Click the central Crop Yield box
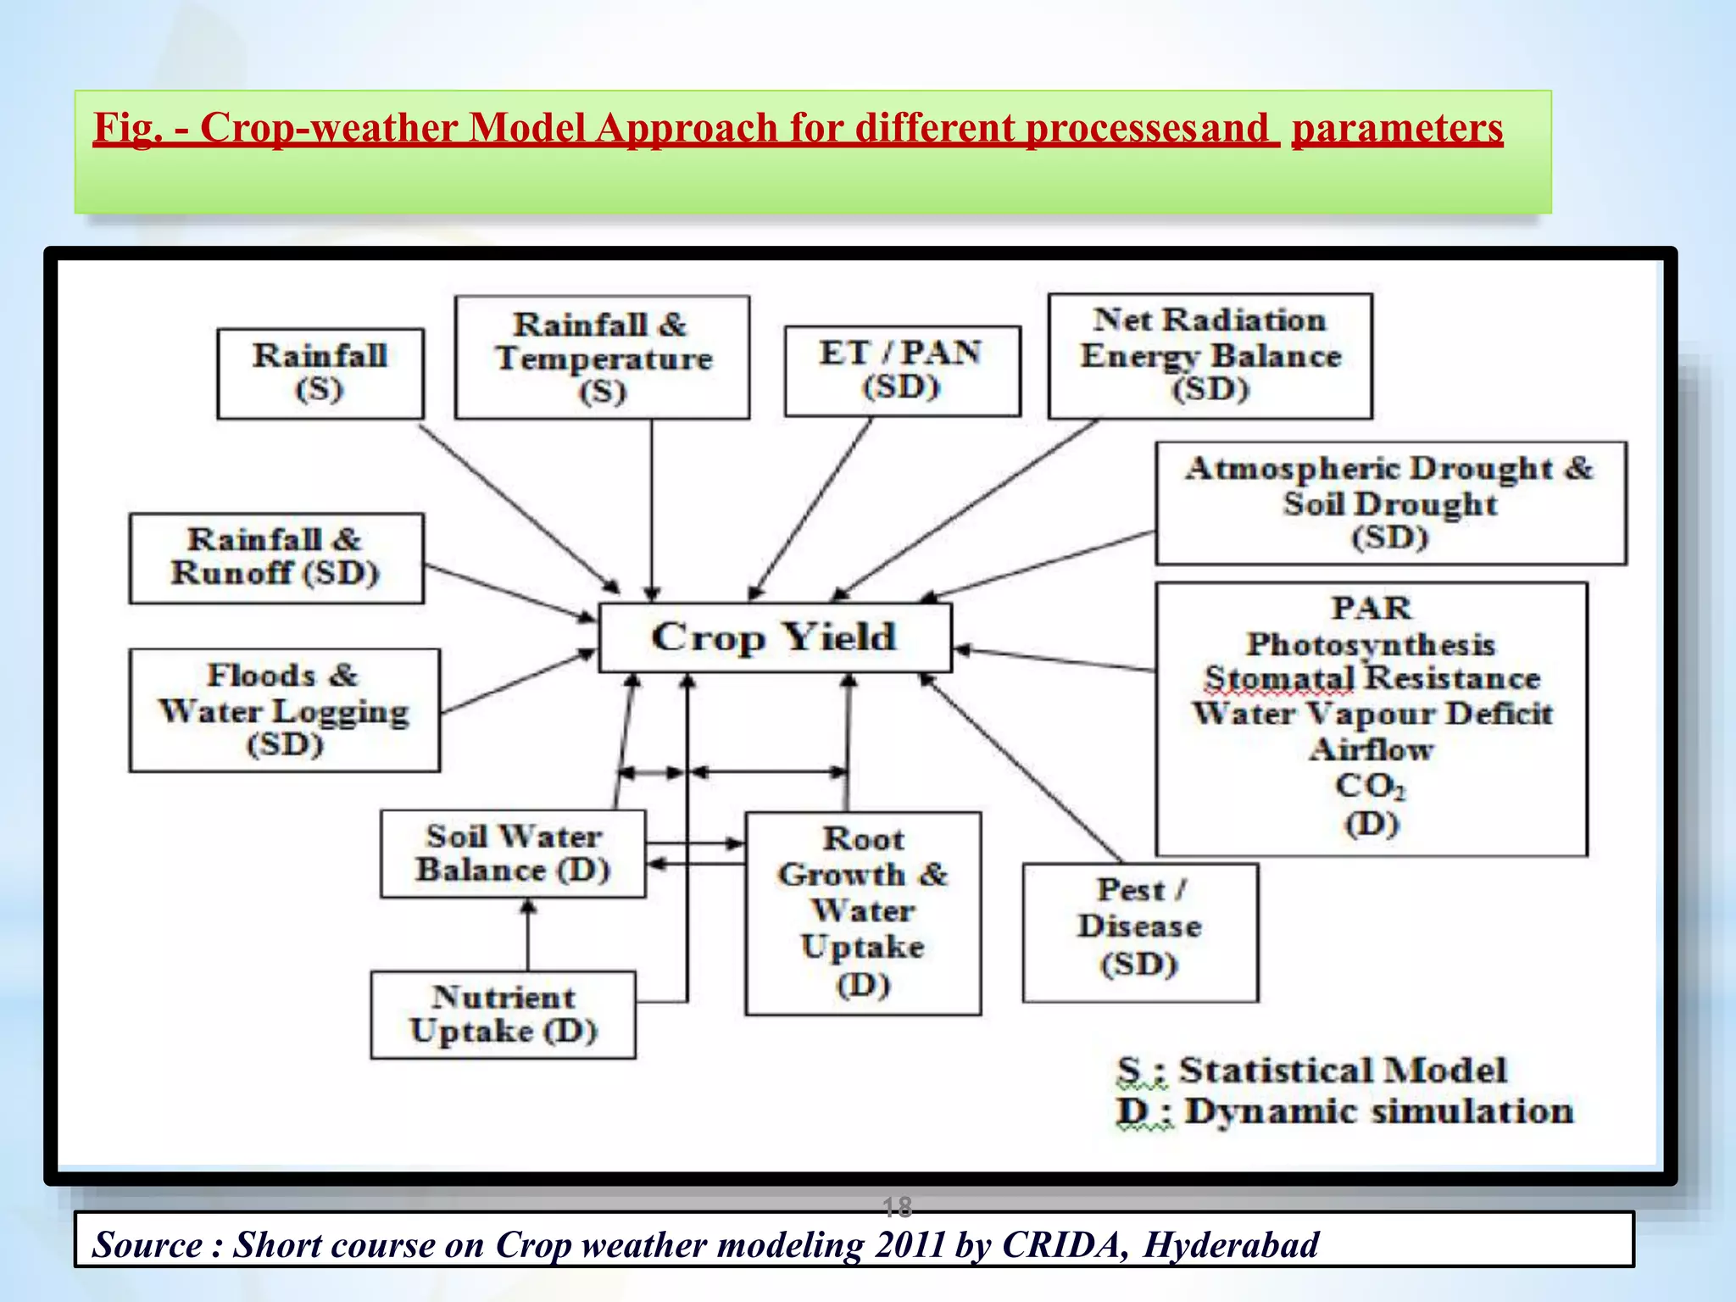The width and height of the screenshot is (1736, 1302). coord(775,637)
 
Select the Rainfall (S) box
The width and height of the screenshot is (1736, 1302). coord(320,373)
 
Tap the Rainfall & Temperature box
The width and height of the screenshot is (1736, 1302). coord(603,357)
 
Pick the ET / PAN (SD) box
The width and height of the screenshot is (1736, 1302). coord(902,370)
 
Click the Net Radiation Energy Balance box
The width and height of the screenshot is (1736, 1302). coord(1210,356)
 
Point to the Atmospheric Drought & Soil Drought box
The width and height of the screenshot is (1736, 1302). coord(1390,503)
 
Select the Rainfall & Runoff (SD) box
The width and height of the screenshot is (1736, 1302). coord(276,558)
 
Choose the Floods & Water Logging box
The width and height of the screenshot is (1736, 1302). coord(285,710)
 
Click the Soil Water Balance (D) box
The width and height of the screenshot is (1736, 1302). coord(513,854)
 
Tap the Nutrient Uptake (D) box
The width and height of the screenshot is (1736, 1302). coord(504,1015)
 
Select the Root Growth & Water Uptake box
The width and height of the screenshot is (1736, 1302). coord(863,913)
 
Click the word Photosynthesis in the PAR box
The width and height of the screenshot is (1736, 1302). coord(1371,644)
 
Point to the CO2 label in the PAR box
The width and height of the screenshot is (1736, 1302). coord(1370,786)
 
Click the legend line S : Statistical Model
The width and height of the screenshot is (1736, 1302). coord(1312,1071)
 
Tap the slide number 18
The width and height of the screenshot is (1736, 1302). coord(897,1205)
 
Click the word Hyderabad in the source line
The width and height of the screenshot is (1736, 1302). coord(1231,1244)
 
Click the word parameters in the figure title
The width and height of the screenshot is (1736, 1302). coord(1397,129)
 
